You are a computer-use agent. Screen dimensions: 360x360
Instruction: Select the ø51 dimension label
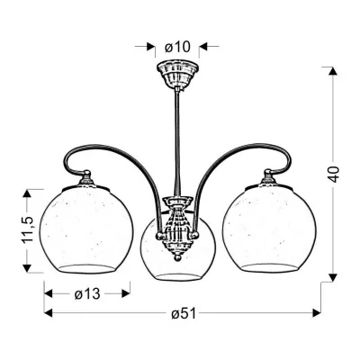184,313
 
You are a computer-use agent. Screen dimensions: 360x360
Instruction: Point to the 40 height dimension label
335,173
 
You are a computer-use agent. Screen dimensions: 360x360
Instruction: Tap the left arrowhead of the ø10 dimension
148,44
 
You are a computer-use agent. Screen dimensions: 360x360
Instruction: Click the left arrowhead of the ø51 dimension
45,313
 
